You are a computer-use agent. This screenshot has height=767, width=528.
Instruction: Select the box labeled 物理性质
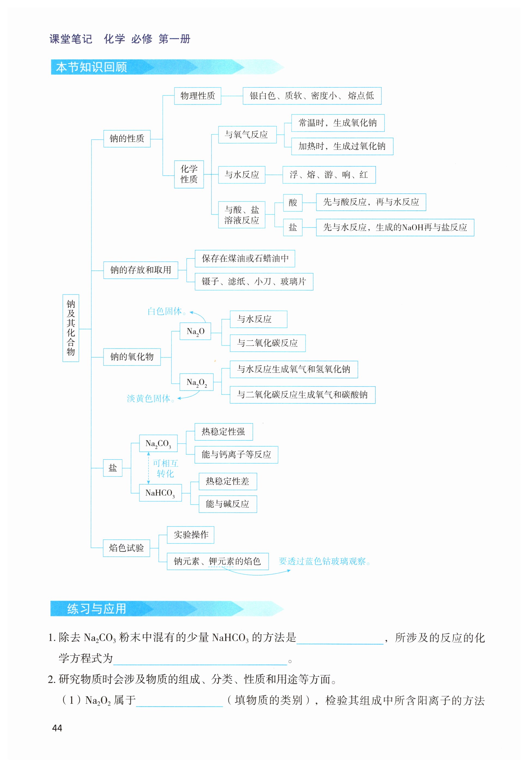point(198,96)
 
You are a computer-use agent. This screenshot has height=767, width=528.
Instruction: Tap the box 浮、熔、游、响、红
point(329,175)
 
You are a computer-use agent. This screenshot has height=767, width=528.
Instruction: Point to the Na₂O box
point(195,331)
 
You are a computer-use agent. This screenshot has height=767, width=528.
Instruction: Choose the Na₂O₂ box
point(196,382)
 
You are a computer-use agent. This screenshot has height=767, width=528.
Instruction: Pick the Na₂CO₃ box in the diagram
point(158,443)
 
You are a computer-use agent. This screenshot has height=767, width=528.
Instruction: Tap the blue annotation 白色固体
point(165,311)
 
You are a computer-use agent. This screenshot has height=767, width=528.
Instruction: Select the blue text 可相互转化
point(165,468)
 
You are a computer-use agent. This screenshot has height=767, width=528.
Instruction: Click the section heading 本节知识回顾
point(92,67)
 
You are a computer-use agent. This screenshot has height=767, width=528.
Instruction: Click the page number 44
point(57,728)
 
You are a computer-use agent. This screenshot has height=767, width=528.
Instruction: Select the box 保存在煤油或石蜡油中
point(245,259)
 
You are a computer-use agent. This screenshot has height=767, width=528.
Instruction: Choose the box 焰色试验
point(126,548)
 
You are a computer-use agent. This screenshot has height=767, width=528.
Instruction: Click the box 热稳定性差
point(227,481)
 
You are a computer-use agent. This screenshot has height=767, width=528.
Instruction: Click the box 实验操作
point(190,535)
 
